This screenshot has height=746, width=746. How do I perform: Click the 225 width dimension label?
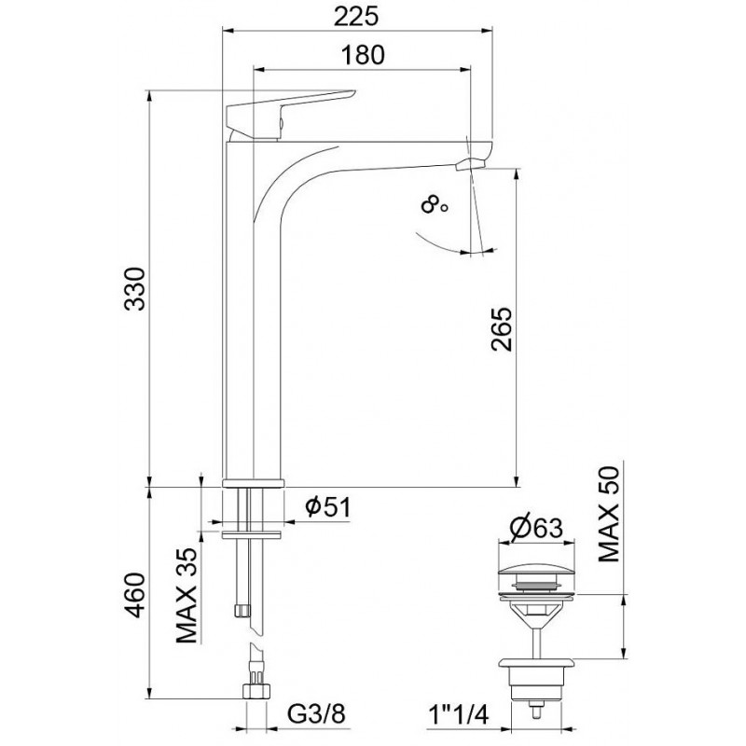[x=356, y=17]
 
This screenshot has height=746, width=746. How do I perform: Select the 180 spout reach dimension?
[x=363, y=55]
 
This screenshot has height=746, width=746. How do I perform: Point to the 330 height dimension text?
[x=134, y=289]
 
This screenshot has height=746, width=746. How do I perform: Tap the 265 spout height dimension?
[x=502, y=329]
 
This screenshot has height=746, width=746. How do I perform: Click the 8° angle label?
[x=434, y=206]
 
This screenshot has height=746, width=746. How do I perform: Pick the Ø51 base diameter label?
[x=328, y=507]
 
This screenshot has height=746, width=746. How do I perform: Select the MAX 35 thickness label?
[x=186, y=595]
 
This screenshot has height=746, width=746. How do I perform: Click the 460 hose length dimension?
[x=134, y=595]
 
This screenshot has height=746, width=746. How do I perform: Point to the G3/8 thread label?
[x=316, y=713]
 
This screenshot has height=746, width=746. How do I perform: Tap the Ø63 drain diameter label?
[x=536, y=527]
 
